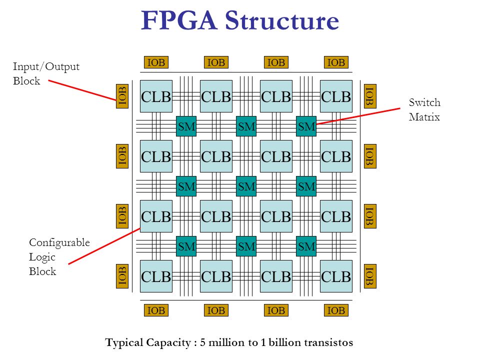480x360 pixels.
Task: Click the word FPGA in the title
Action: tap(179, 21)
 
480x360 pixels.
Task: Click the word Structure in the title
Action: tap(282, 21)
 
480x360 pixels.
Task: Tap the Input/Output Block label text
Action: tap(46, 74)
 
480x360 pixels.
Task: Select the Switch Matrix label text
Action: tap(424, 110)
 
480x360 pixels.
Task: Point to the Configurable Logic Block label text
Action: tap(59, 257)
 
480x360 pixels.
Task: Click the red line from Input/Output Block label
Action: tap(82, 90)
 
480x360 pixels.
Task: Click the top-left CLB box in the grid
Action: tap(156, 96)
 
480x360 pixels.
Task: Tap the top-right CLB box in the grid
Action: tap(336, 96)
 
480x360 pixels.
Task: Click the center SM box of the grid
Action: tap(246, 186)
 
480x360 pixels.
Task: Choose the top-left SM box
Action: tap(186, 127)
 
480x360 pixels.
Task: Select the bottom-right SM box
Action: tap(306, 246)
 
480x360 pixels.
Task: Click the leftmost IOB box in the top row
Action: tap(156, 62)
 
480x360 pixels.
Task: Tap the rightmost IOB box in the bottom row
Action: tap(336, 310)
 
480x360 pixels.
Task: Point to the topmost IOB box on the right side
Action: tap(369, 95)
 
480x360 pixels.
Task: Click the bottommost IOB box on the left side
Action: tap(122, 276)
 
